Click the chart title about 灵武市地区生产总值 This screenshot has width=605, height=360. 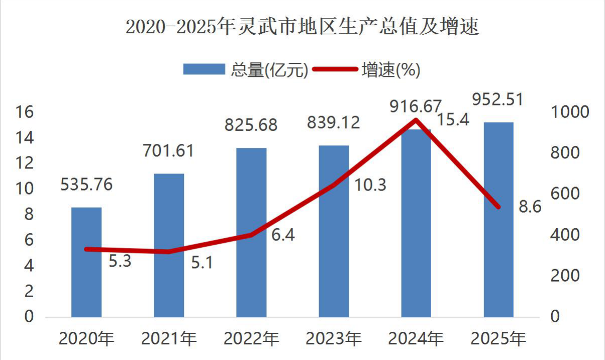[302, 27]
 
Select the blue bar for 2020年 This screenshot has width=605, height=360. [86, 262]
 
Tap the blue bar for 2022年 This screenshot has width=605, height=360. [251, 232]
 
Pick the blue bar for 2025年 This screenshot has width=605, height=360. [498, 220]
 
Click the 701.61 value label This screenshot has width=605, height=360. [168, 150]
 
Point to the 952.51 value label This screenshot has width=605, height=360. [498, 99]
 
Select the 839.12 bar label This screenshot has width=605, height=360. [334, 123]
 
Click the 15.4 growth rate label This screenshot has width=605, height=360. [453, 120]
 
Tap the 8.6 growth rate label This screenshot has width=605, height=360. [530, 207]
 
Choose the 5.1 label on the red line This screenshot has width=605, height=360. [202, 262]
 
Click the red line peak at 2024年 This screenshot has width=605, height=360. [416, 120]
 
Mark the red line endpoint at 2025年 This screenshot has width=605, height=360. [498, 207]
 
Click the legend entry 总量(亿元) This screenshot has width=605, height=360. [246, 69]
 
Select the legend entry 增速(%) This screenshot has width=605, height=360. [366, 69]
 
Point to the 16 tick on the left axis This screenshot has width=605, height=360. [25, 112]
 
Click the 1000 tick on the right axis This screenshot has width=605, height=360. [570, 112]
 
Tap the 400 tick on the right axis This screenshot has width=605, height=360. [565, 234]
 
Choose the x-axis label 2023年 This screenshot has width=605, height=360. [334, 338]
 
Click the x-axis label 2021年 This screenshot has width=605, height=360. [169, 338]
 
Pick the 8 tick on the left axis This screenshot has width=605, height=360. [29, 214]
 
